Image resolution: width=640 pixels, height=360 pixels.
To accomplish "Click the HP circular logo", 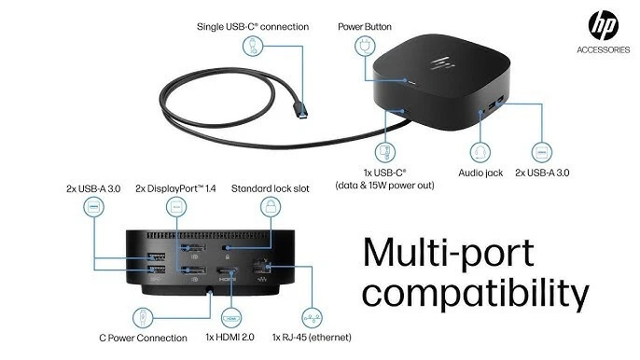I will [603, 26].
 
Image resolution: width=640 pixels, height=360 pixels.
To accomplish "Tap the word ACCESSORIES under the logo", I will [603, 51].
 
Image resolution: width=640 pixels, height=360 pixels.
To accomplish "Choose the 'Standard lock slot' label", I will [271, 188].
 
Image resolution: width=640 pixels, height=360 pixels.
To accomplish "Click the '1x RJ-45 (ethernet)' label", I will [313, 336].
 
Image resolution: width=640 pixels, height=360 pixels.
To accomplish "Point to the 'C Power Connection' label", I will [143, 336].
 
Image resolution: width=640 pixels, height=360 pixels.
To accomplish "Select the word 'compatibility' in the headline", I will [476, 295].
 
